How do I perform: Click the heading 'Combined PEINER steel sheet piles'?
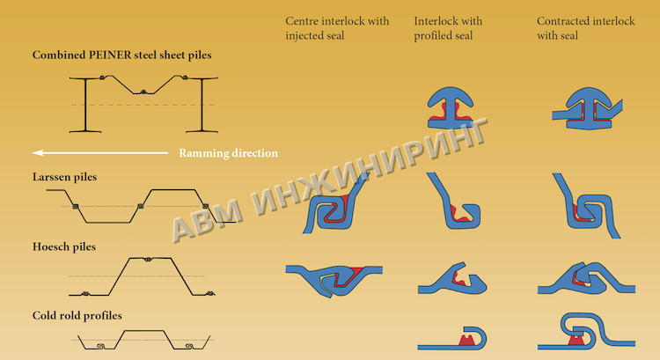(x=122, y=55)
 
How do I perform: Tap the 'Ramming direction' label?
(x=228, y=153)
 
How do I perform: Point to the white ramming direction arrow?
(x=100, y=153)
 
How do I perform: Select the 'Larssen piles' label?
(x=64, y=177)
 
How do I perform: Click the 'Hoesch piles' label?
(x=64, y=246)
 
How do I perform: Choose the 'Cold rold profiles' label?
(x=77, y=316)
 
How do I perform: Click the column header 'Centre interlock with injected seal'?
(x=337, y=28)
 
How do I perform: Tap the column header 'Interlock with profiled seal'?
(x=448, y=28)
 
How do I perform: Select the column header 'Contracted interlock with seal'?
(x=585, y=28)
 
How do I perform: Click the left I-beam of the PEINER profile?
(x=85, y=105)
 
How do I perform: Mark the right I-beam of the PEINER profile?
(x=202, y=105)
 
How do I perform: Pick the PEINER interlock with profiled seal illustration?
(x=451, y=107)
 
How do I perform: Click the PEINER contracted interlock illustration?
(x=588, y=108)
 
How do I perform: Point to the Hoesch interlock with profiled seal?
(x=452, y=279)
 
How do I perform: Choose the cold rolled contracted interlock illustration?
(x=586, y=332)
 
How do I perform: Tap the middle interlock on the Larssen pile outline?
(x=141, y=206)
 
